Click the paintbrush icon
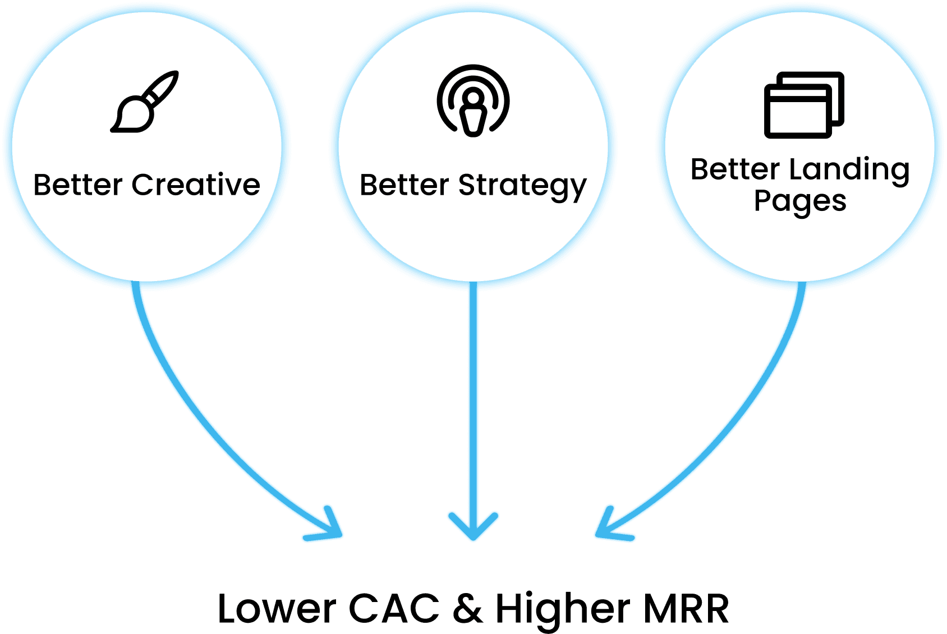tap(145, 102)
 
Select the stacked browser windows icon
tap(803, 105)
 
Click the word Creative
tap(196, 185)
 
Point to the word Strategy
tap(522, 186)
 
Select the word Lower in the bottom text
tap(277, 609)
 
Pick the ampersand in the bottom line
tap(467, 609)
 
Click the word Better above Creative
tap(78, 185)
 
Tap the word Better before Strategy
tap(404, 185)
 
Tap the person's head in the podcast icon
tap(473, 98)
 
